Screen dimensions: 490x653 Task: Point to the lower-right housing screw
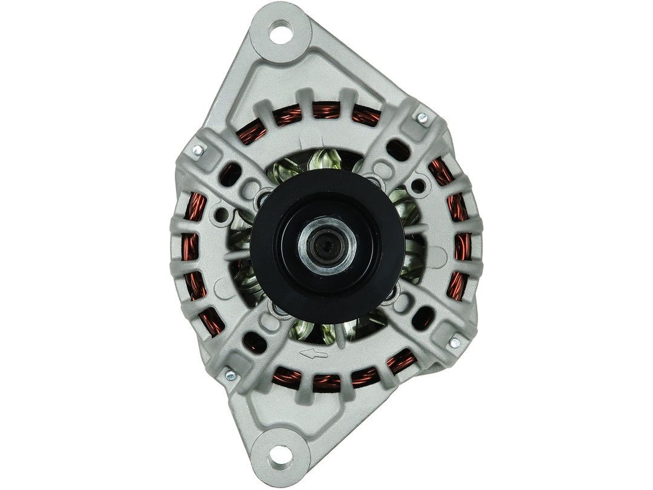pos(455,343)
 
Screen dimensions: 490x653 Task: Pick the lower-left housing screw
pos(230,376)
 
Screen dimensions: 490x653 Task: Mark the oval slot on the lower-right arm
pos(426,316)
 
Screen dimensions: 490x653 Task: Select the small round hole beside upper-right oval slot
pos(420,181)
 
